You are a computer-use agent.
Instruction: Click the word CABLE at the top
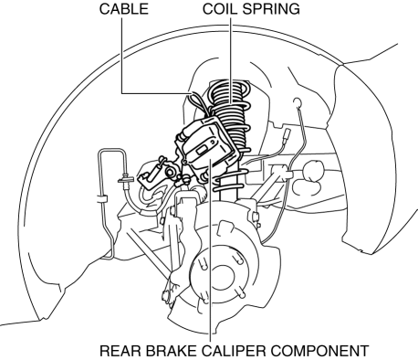[124, 9]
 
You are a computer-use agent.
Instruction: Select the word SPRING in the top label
[272, 9]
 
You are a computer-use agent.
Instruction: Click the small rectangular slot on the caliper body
[203, 150]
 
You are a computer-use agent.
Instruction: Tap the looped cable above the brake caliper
[197, 103]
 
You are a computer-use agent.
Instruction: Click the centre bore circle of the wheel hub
[221, 277]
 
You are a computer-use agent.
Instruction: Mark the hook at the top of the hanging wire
[297, 103]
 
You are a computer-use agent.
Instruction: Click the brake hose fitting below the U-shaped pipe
[126, 180]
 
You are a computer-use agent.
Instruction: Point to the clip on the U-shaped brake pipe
[101, 199]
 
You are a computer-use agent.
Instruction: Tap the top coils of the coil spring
[229, 91]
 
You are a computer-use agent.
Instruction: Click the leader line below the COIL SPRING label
[231, 60]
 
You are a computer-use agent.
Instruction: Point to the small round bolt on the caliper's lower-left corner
[184, 162]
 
